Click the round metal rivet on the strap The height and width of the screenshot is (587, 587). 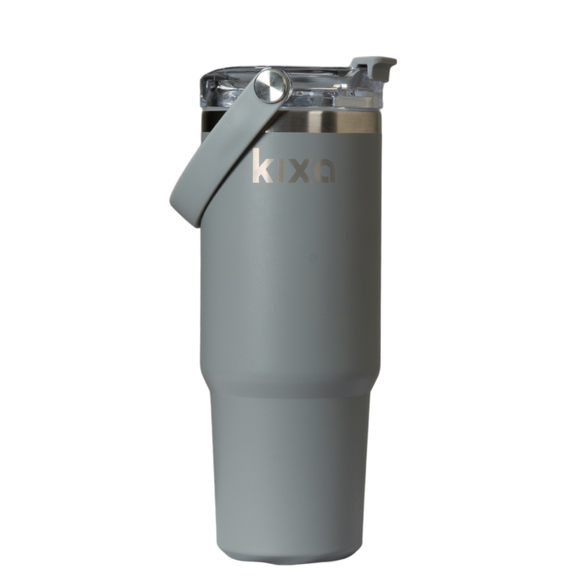(272, 86)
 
